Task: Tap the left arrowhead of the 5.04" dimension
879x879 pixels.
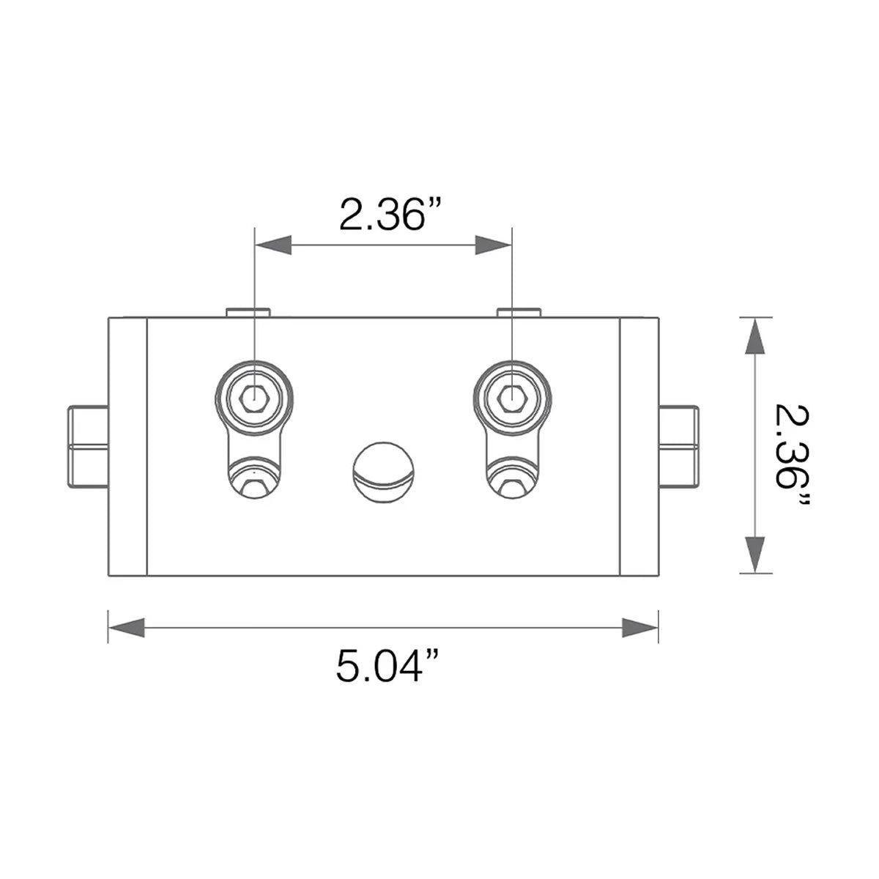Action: click(x=126, y=627)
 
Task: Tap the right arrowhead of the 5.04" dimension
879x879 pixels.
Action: click(x=640, y=627)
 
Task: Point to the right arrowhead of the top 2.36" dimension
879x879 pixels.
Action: click(x=493, y=245)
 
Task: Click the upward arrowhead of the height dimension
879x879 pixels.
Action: click(x=755, y=335)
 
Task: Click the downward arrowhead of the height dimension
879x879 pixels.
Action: click(x=755, y=555)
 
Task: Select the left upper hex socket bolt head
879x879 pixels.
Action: click(x=254, y=398)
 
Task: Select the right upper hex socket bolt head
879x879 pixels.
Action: click(x=511, y=398)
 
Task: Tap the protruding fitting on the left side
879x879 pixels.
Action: click(x=88, y=446)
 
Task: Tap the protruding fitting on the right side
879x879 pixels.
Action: click(x=678, y=446)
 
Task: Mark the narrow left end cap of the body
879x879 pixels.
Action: click(x=128, y=446)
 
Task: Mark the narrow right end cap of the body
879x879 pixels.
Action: click(x=639, y=446)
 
